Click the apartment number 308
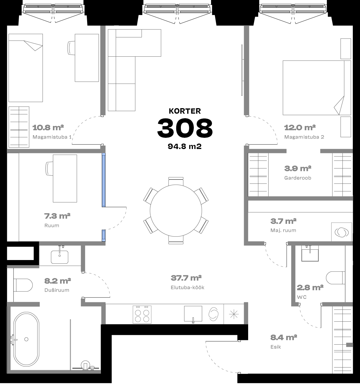tap(185, 128)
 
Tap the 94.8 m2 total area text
tap(185, 146)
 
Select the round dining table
tap(176, 211)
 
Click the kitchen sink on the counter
tap(193, 314)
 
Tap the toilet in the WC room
tap(335, 278)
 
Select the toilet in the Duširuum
tap(23, 285)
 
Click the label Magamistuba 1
tap(52, 137)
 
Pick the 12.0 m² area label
tap(300, 127)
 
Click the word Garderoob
tap(298, 178)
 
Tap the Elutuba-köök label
tap(187, 288)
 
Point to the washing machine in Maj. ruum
tap(342, 232)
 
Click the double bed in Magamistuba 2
tap(317, 88)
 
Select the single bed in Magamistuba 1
tap(26, 68)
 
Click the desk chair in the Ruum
tap(49, 169)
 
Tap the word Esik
tap(276, 347)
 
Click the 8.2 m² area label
tap(58, 281)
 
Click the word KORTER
tap(185, 111)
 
